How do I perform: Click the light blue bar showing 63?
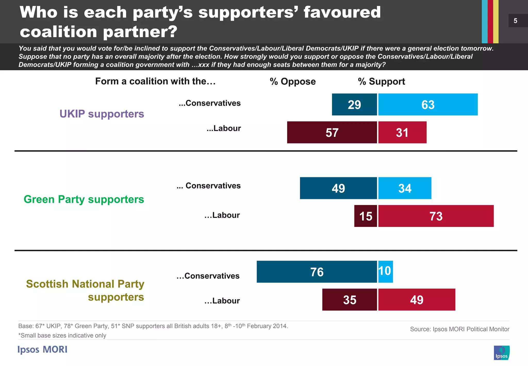click(x=428, y=105)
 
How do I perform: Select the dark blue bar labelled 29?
click(x=354, y=105)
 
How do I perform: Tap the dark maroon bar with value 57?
click(x=332, y=132)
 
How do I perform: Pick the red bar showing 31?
click(x=402, y=132)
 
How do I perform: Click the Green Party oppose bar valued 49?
click(x=338, y=188)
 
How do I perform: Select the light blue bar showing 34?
click(x=405, y=188)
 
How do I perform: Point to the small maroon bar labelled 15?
click(x=365, y=216)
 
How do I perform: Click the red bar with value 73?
click(x=436, y=216)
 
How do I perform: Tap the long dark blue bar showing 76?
click(x=317, y=272)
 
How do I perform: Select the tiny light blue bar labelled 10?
click(x=385, y=272)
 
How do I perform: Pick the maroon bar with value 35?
click(x=349, y=300)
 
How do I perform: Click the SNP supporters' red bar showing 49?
click(x=417, y=300)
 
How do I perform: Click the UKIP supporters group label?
click(x=102, y=114)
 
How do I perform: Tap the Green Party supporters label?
click(x=84, y=199)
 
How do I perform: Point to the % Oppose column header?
click(x=293, y=82)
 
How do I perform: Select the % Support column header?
click(x=381, y=82)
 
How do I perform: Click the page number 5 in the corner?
click(x=515, y=21)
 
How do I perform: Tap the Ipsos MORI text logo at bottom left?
click(x=42, y=349)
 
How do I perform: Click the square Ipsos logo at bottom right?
click(x=501, y=353)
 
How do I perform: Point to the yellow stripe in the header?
click(x=496, y=21)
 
